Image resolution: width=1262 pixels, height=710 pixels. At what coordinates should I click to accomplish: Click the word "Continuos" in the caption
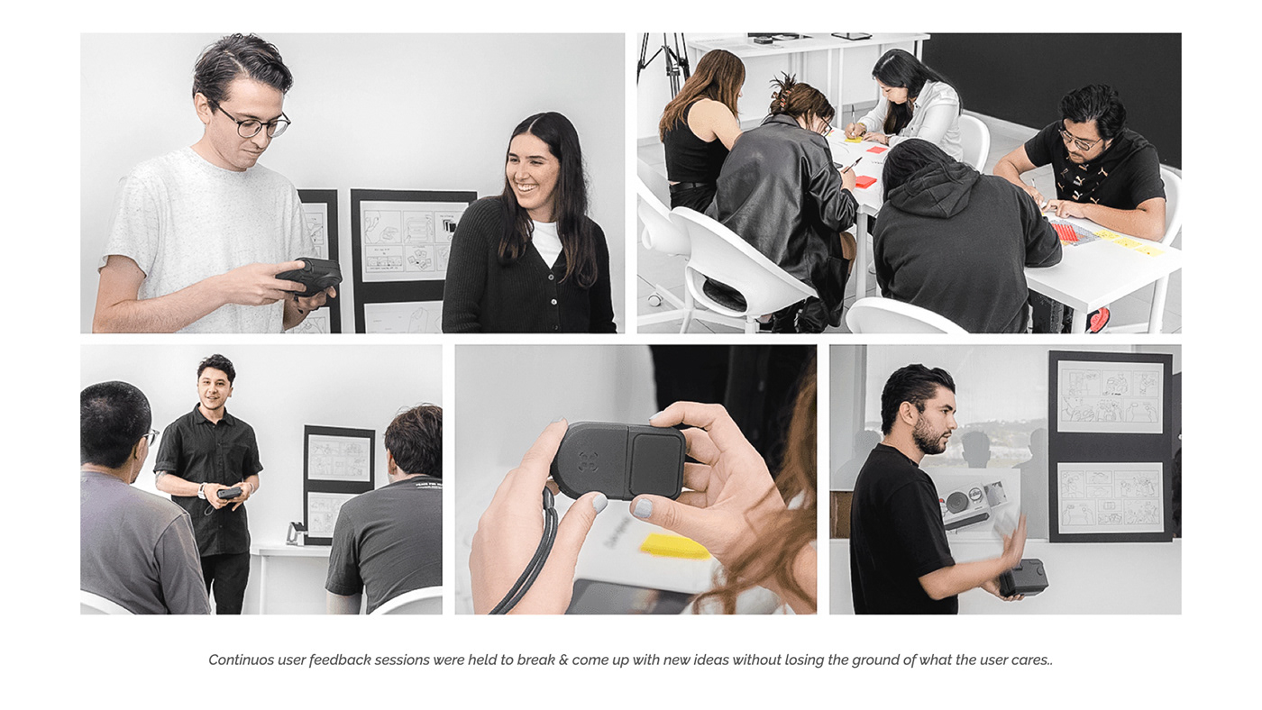(x=241, y=660)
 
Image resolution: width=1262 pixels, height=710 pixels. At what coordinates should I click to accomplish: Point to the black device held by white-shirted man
(x=309, y=276)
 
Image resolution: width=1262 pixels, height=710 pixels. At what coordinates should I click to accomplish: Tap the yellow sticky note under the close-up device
(x=675, y=546)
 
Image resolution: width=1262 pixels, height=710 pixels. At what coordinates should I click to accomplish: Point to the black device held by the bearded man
(x=1023, y=577)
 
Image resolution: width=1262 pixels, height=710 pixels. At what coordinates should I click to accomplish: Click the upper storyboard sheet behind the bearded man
(x=1110, y=396)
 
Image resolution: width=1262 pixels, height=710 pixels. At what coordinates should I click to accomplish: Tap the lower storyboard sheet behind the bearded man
(x=1110, y=497)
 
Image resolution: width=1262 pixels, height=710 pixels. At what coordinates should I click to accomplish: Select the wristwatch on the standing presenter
(x=203, y=489)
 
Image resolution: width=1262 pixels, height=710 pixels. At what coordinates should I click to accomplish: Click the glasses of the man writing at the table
(x=1078, y=141)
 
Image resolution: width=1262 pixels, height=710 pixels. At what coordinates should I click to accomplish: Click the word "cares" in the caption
(x=1029, y=660)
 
